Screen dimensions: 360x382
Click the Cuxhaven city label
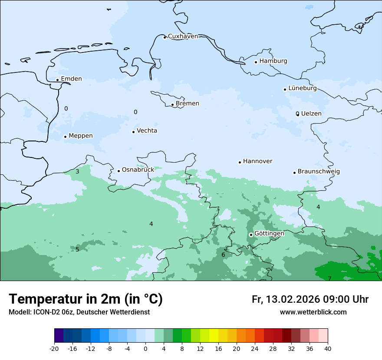tap(183, 36)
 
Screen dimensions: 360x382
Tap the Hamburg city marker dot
tap(256, 62)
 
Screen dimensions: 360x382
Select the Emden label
tap(71, 79)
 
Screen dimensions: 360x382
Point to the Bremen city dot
tap(172, 105)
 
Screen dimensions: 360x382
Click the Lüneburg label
tap(303, 88)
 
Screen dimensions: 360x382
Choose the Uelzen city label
tap(311, 114)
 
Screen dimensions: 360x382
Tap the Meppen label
tap(81, 136)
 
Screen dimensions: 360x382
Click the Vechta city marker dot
tap(133, 132)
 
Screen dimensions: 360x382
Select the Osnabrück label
tap(138, 170)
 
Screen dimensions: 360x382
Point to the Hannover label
tap(257, 161)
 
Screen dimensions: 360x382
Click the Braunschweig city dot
tap(294, 173)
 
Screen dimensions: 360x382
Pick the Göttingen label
tap(269, 233)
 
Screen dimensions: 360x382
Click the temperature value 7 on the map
tap(329, 278)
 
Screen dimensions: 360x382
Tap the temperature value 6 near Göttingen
tap(223, 255)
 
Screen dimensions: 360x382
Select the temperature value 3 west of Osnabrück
tap(77, 172)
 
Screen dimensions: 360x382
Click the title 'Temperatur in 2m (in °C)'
tap(86, 299)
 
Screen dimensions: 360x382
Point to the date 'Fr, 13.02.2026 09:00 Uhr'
tap(310, 299)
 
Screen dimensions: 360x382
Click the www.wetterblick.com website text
tap(313, 312)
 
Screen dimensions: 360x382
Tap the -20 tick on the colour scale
tap(54, 349)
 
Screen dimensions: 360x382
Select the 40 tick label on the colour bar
tap(328, 349)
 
